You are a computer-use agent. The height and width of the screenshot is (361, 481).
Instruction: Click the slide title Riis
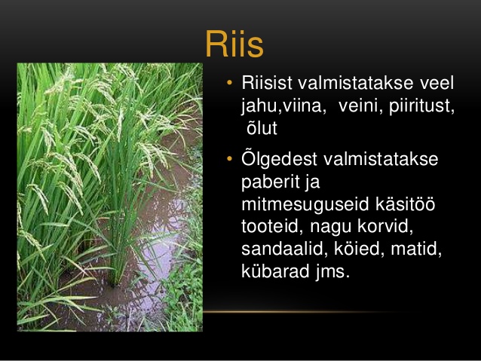pos(234,44)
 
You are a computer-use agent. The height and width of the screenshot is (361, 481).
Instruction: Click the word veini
pos(360,106)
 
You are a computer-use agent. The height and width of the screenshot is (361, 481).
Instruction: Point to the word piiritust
pos(421,106)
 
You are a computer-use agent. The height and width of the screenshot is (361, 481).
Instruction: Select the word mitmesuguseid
pos(305,205)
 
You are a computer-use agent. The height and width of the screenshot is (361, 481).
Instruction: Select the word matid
pos(416,249)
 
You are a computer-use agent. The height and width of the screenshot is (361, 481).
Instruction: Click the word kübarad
pos(275,271)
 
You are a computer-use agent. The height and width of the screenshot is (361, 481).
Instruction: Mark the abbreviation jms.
pos(332,272)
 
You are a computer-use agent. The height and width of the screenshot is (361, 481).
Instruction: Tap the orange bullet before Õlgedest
pos(229,158)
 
